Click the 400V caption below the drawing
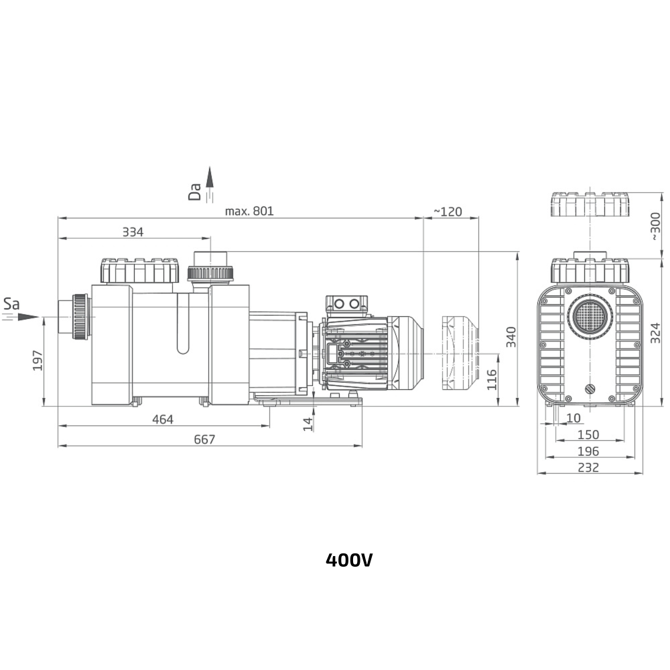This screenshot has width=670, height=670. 348,559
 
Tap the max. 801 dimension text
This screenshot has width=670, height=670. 249,211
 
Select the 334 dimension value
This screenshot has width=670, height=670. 133,232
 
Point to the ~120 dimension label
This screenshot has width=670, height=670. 448,212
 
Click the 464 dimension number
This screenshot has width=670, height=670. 163,419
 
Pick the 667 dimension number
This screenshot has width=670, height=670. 204,440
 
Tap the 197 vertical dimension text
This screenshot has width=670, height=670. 38,360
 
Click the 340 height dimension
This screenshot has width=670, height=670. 511,337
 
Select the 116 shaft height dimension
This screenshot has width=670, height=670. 492,379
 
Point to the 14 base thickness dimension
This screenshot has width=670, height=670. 308,424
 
